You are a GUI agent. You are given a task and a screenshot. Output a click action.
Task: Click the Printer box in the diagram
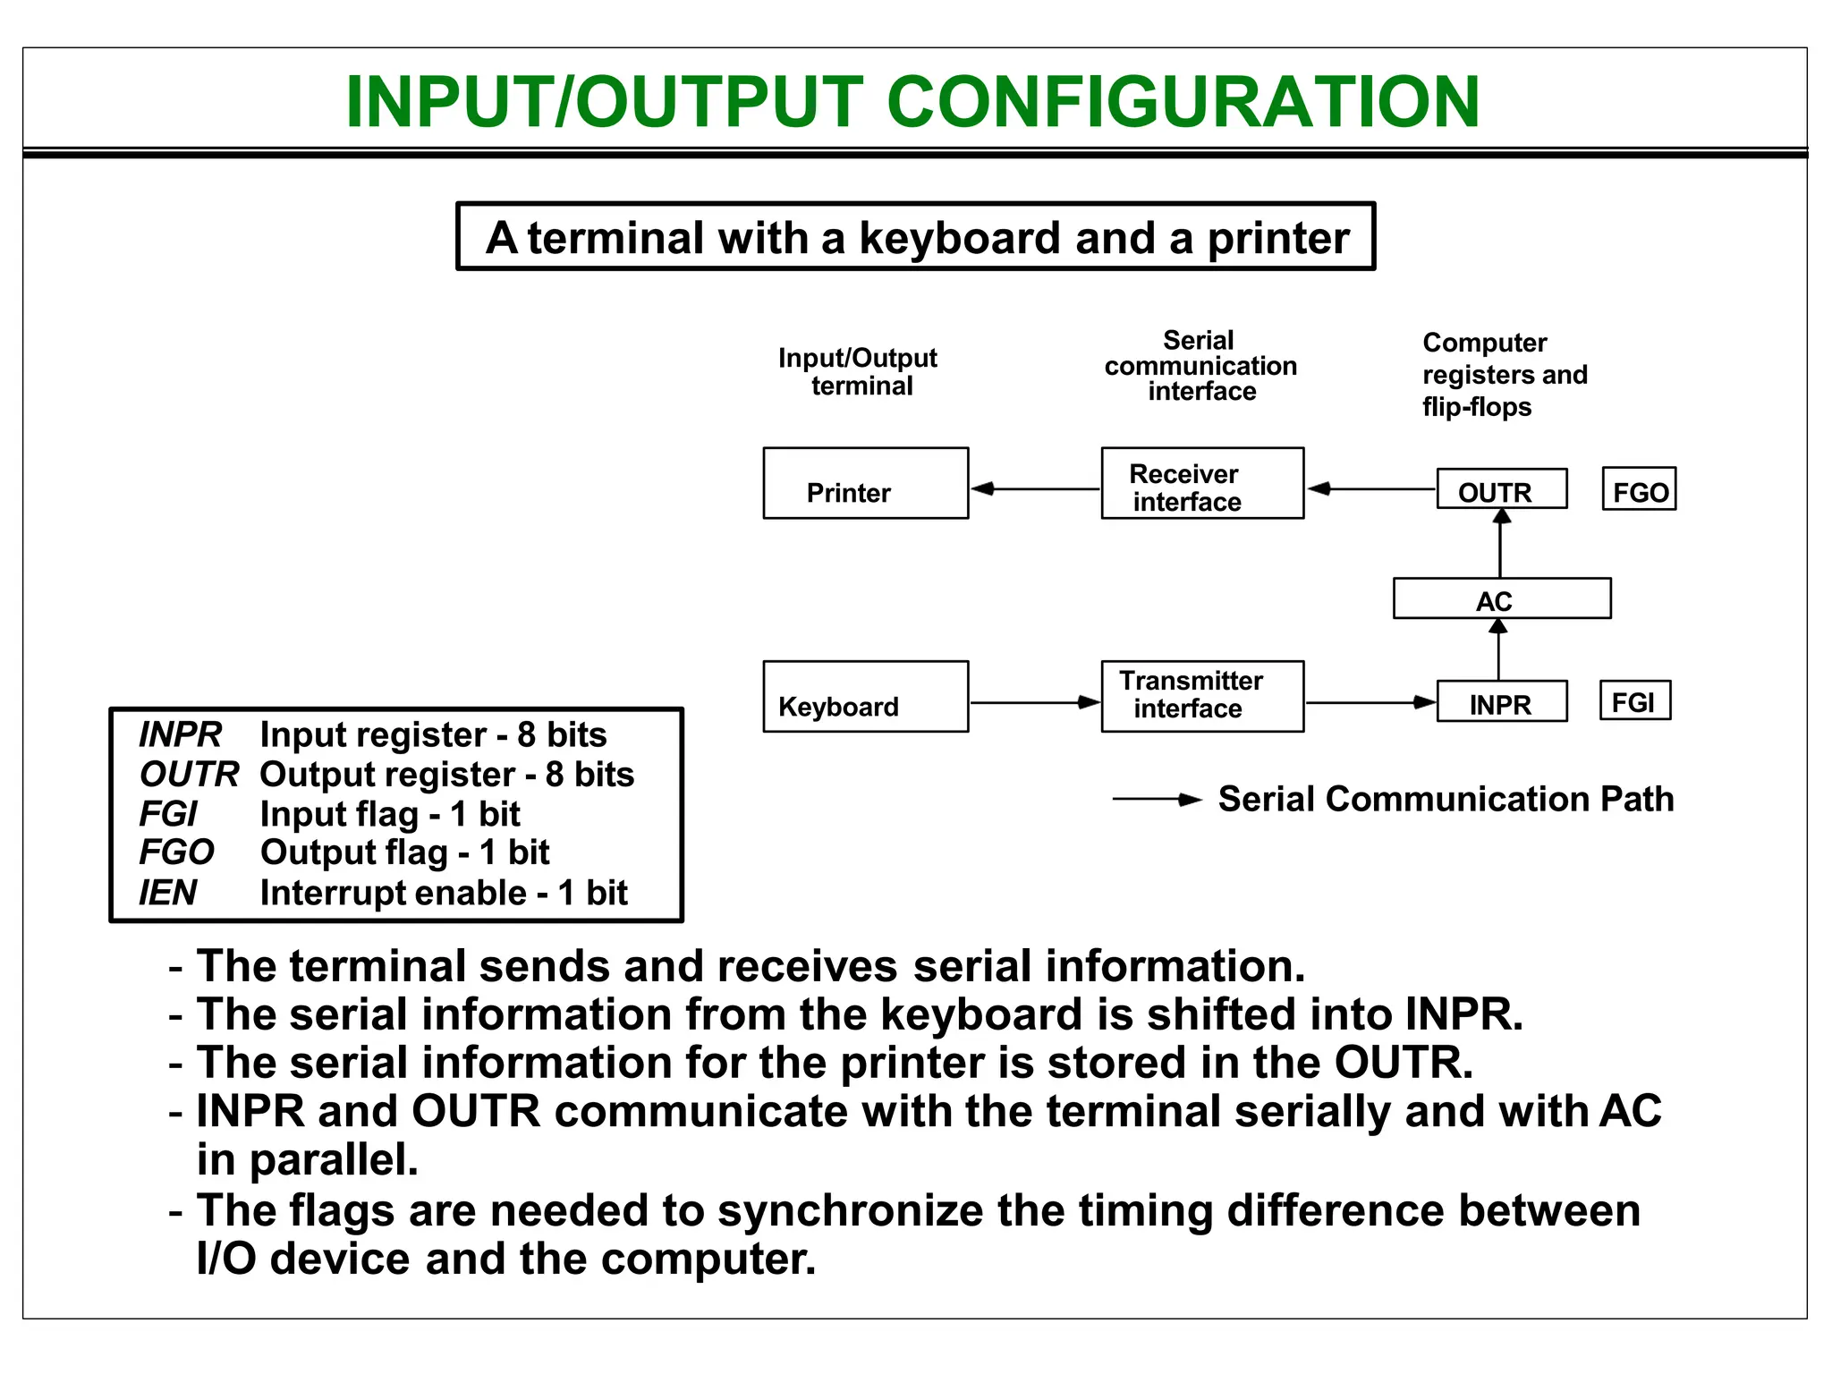click(865, 483)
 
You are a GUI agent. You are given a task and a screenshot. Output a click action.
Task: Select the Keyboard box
click(865, 697)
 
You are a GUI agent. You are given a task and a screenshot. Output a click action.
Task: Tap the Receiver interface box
click(1202, 483)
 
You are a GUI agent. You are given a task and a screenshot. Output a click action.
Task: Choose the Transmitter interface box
click(1202, 697)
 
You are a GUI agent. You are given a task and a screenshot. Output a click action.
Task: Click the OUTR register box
click(1501, 489)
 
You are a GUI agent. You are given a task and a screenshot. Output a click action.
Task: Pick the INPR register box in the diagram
click(1501, 702)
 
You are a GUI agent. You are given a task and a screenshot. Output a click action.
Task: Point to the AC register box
click(1501, 599)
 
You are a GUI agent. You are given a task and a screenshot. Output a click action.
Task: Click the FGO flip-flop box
click(1639, 489)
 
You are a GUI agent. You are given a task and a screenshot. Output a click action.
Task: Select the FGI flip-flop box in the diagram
click(1634, 700)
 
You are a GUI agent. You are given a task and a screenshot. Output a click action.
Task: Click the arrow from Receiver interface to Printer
click(1035, 488)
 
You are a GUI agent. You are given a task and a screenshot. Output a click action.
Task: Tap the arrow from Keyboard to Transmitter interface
click(1035, 702)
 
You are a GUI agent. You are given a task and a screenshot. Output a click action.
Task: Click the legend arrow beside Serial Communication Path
click(1157, 799)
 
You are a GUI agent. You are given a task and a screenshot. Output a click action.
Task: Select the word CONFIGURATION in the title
click(1183, 101)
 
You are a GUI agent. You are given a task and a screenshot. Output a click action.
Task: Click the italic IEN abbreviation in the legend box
click(168, 893)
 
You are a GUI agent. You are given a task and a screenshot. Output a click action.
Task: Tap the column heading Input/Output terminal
click(858, 371)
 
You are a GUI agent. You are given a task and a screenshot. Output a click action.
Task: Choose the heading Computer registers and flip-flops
click(1505, 375)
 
